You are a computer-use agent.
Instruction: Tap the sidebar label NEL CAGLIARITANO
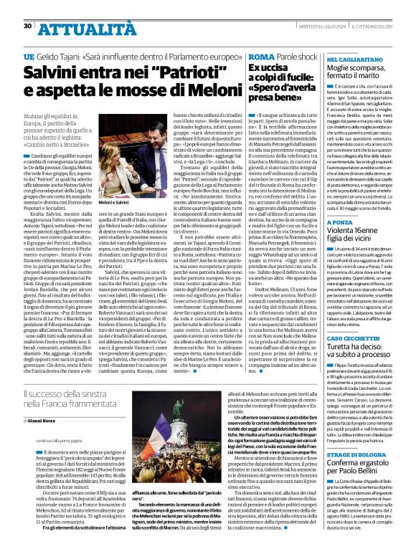point(353,60)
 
